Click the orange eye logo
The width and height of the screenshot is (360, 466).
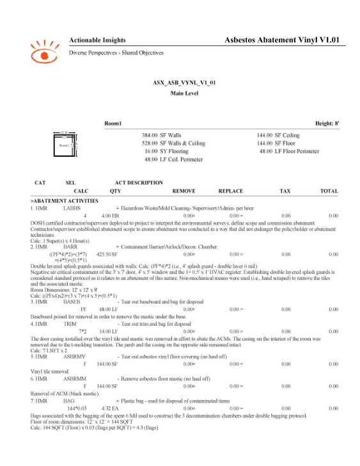coord(43,49)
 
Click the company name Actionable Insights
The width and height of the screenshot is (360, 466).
coord(97,40)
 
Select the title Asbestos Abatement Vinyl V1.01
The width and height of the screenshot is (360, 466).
coord(281,40)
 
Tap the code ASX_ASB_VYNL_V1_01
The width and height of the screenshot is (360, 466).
coord(180,83)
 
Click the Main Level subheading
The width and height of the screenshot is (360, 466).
coord(180,93)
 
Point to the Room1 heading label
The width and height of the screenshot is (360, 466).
coord(113,122)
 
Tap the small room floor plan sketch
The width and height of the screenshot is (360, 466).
coord(65,145)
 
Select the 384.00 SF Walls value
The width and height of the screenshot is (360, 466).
coord(160,136)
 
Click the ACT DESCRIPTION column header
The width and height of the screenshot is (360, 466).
coord(139,183)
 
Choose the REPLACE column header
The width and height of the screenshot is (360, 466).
coord(230,191)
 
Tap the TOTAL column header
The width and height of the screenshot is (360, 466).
coord(329,191)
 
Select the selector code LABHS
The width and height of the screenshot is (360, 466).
coord(71,209)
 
